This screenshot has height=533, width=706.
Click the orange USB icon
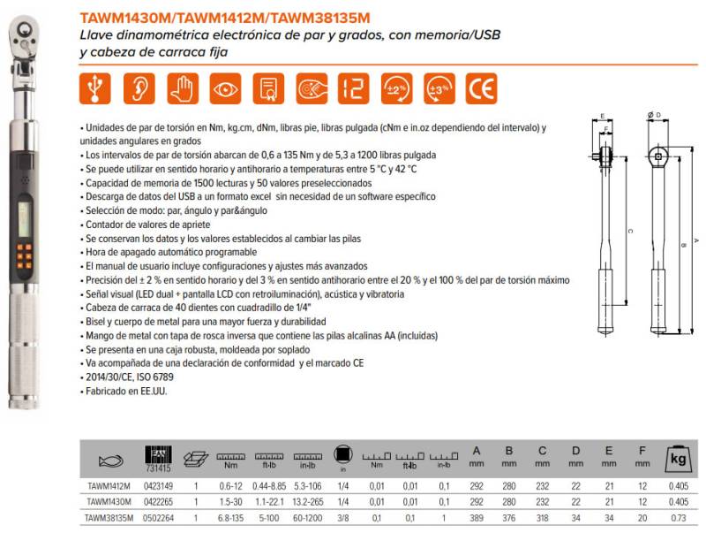(x=95, y=90)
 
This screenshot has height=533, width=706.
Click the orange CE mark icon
(x=480, y=90)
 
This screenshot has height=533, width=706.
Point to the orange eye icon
(x=225, y=90)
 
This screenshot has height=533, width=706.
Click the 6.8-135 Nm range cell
(x=231, y=517)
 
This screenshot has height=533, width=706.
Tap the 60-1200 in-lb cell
(x=303, y=517)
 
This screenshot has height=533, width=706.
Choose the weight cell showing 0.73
(x=679, y=517)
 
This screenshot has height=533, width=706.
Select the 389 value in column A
(x=477, y=517)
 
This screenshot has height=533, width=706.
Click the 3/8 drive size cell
(x=341, y=517)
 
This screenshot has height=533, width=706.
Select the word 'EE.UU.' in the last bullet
(x=150, y=391)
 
